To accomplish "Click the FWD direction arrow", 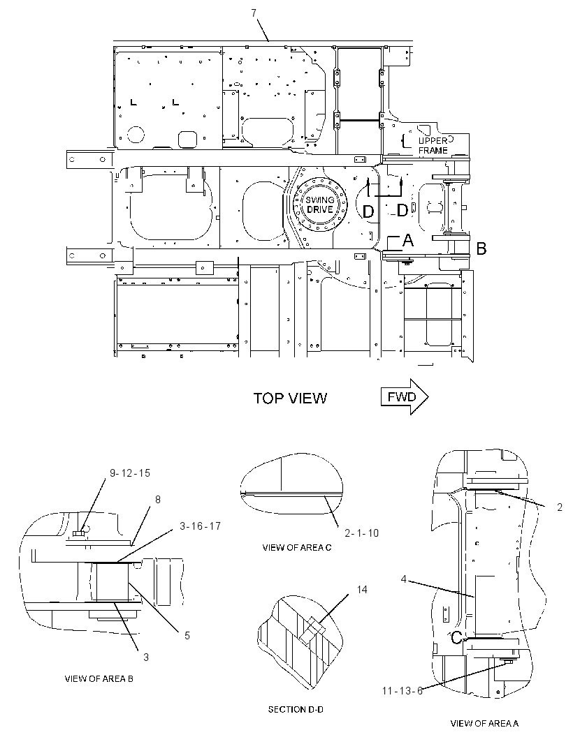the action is click(405, 396).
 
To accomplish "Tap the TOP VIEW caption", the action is click(290, 398).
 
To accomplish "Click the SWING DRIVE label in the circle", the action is click(320, 205).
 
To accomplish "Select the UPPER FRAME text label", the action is click(433, 146).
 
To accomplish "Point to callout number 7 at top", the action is click(254, 13).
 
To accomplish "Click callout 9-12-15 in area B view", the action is click(130, 473).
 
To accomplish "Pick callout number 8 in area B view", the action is click(158, 499).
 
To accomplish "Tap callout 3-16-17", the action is click(200, 526).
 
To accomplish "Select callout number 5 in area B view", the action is click(187, 635).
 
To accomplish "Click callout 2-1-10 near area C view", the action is click(361, 533).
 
